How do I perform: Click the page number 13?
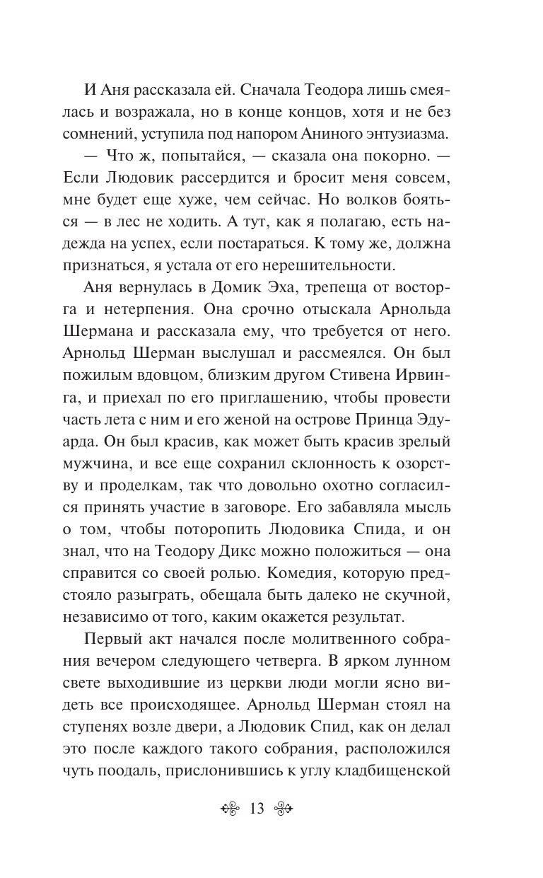point(257,809)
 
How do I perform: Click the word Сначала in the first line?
point(253,91)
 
